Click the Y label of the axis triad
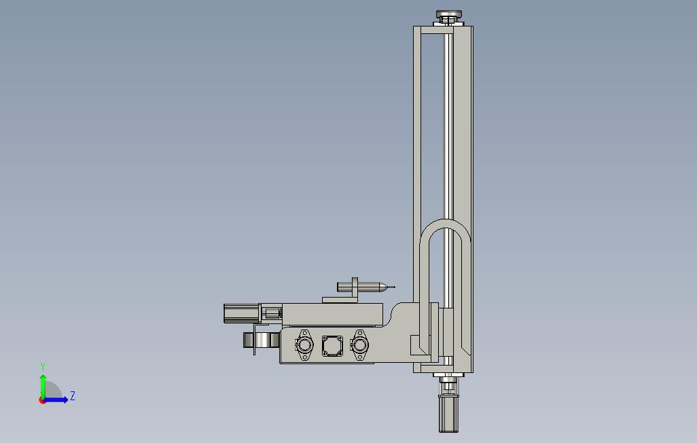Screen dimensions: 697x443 (43, 366)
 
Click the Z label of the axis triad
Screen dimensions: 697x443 (73, 395)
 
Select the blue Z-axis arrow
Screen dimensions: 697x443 (55, 400)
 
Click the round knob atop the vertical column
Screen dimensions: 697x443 (449, 16)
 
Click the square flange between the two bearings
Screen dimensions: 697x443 (332, 346)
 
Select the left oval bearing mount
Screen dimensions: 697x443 (304, 344)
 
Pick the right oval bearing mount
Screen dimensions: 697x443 (359, 344)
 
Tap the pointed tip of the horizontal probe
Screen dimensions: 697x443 (394, 287)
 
